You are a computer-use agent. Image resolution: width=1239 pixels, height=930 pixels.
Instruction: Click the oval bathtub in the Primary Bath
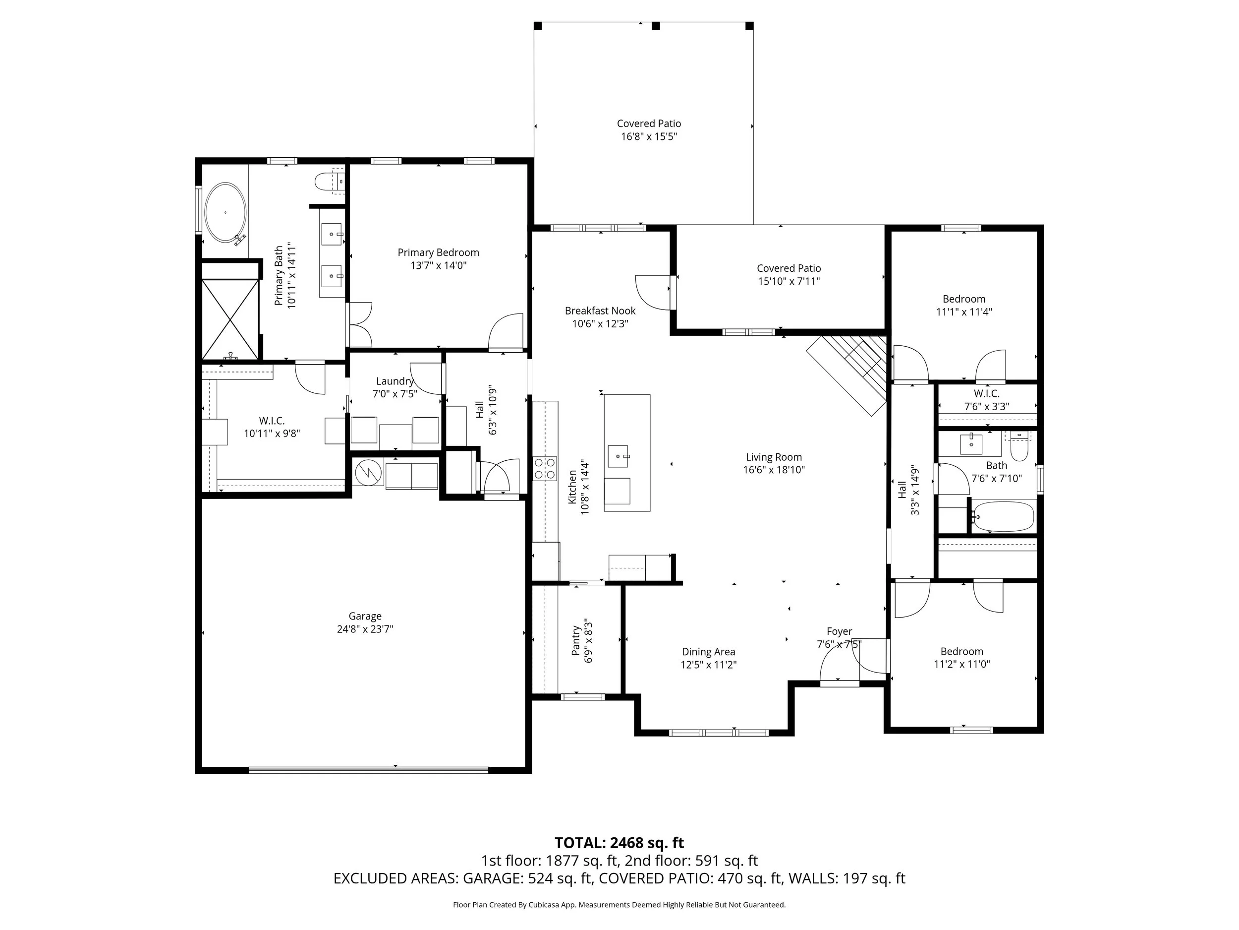click(x=225, y=212)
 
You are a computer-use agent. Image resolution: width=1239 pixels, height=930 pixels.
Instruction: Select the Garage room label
click(x=365, y=616)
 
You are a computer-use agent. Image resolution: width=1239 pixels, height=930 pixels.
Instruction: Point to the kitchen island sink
click(x=618, y=456)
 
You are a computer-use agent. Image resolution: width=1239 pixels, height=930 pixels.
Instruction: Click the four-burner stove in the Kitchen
click(x=545, y=469)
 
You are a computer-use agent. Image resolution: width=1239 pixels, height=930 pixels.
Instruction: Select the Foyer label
click(x=839, y=631)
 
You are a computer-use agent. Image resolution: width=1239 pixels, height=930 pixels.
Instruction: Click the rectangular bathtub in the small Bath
click(x=1003, y=516)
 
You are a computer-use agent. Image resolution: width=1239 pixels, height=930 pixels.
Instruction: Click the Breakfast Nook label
click(x=600, y=310)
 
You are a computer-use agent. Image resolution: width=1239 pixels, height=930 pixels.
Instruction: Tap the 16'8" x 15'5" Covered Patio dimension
click(x=649, y=137)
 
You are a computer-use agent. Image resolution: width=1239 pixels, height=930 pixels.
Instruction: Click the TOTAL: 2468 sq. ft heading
click(x=619, y=843)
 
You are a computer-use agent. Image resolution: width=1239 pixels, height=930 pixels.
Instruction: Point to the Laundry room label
click(x=394, y=381)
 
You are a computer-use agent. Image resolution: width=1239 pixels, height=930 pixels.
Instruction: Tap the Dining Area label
click(x=708, y=651)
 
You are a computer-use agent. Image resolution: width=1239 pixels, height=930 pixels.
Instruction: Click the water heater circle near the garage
click(x=369, y=473)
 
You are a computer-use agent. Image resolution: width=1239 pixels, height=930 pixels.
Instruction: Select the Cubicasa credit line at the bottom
click(x=619, y=904)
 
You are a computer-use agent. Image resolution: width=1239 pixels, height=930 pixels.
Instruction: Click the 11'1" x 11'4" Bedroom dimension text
click(x=963, y=312)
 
